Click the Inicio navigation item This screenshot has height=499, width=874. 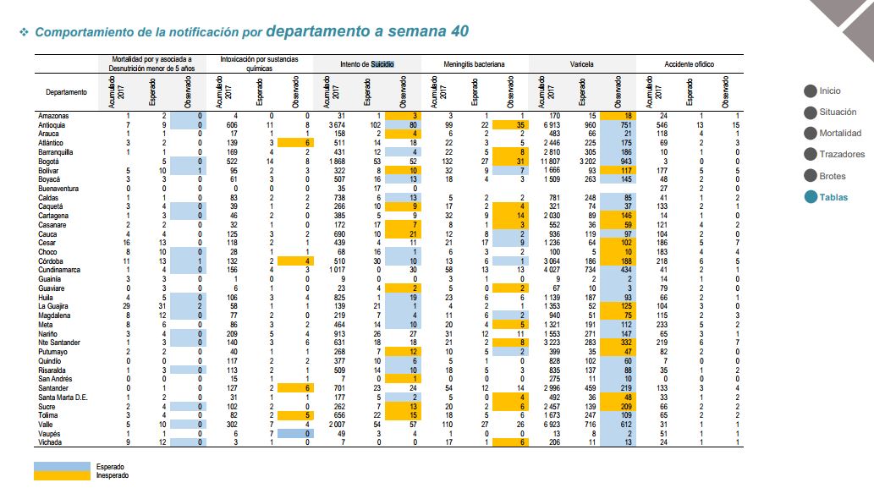[829, 90]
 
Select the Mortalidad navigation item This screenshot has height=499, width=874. [840, 133]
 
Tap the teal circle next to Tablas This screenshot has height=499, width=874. [811, 197]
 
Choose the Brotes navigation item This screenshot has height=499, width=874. [833, 176]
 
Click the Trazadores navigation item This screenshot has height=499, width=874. [842, 154]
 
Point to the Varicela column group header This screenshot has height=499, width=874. [581, 64]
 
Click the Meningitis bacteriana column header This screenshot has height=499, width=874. [474, 64]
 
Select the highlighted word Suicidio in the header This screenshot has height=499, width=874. [382, 64]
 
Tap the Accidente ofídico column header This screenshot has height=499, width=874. [689, 64]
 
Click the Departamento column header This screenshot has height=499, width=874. [66, 92]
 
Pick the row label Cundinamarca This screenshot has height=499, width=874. [59, 270]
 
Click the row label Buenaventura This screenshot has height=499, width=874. [58, 189]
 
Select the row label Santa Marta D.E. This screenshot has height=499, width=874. [63, 397]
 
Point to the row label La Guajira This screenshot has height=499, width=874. [53, 306]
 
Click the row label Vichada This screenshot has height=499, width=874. [50, 442]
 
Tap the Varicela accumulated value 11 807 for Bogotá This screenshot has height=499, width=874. [554, 162]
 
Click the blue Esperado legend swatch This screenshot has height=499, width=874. [62, 466]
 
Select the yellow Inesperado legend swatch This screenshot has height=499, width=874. [62, 475]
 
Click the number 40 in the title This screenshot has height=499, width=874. [460, 31]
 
